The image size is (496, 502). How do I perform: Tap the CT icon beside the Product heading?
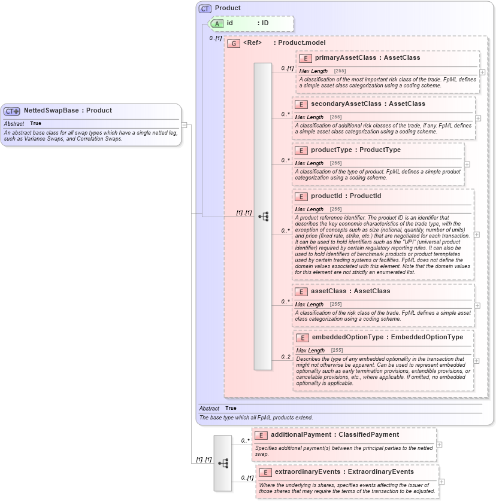(x=205, y=8)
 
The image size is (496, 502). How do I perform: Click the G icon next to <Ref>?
(x=234, y=43)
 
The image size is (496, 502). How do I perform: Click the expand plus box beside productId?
(x=476, y=235)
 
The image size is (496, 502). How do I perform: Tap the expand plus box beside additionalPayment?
(x=439, y=445)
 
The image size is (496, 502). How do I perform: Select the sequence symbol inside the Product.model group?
(x=263, y=217)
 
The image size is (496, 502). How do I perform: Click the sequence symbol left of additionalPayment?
(x=223, y=463)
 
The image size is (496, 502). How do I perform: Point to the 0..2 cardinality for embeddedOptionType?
(x=286, y=357)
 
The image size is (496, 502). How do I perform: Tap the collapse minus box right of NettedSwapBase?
(x=185, y=125)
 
